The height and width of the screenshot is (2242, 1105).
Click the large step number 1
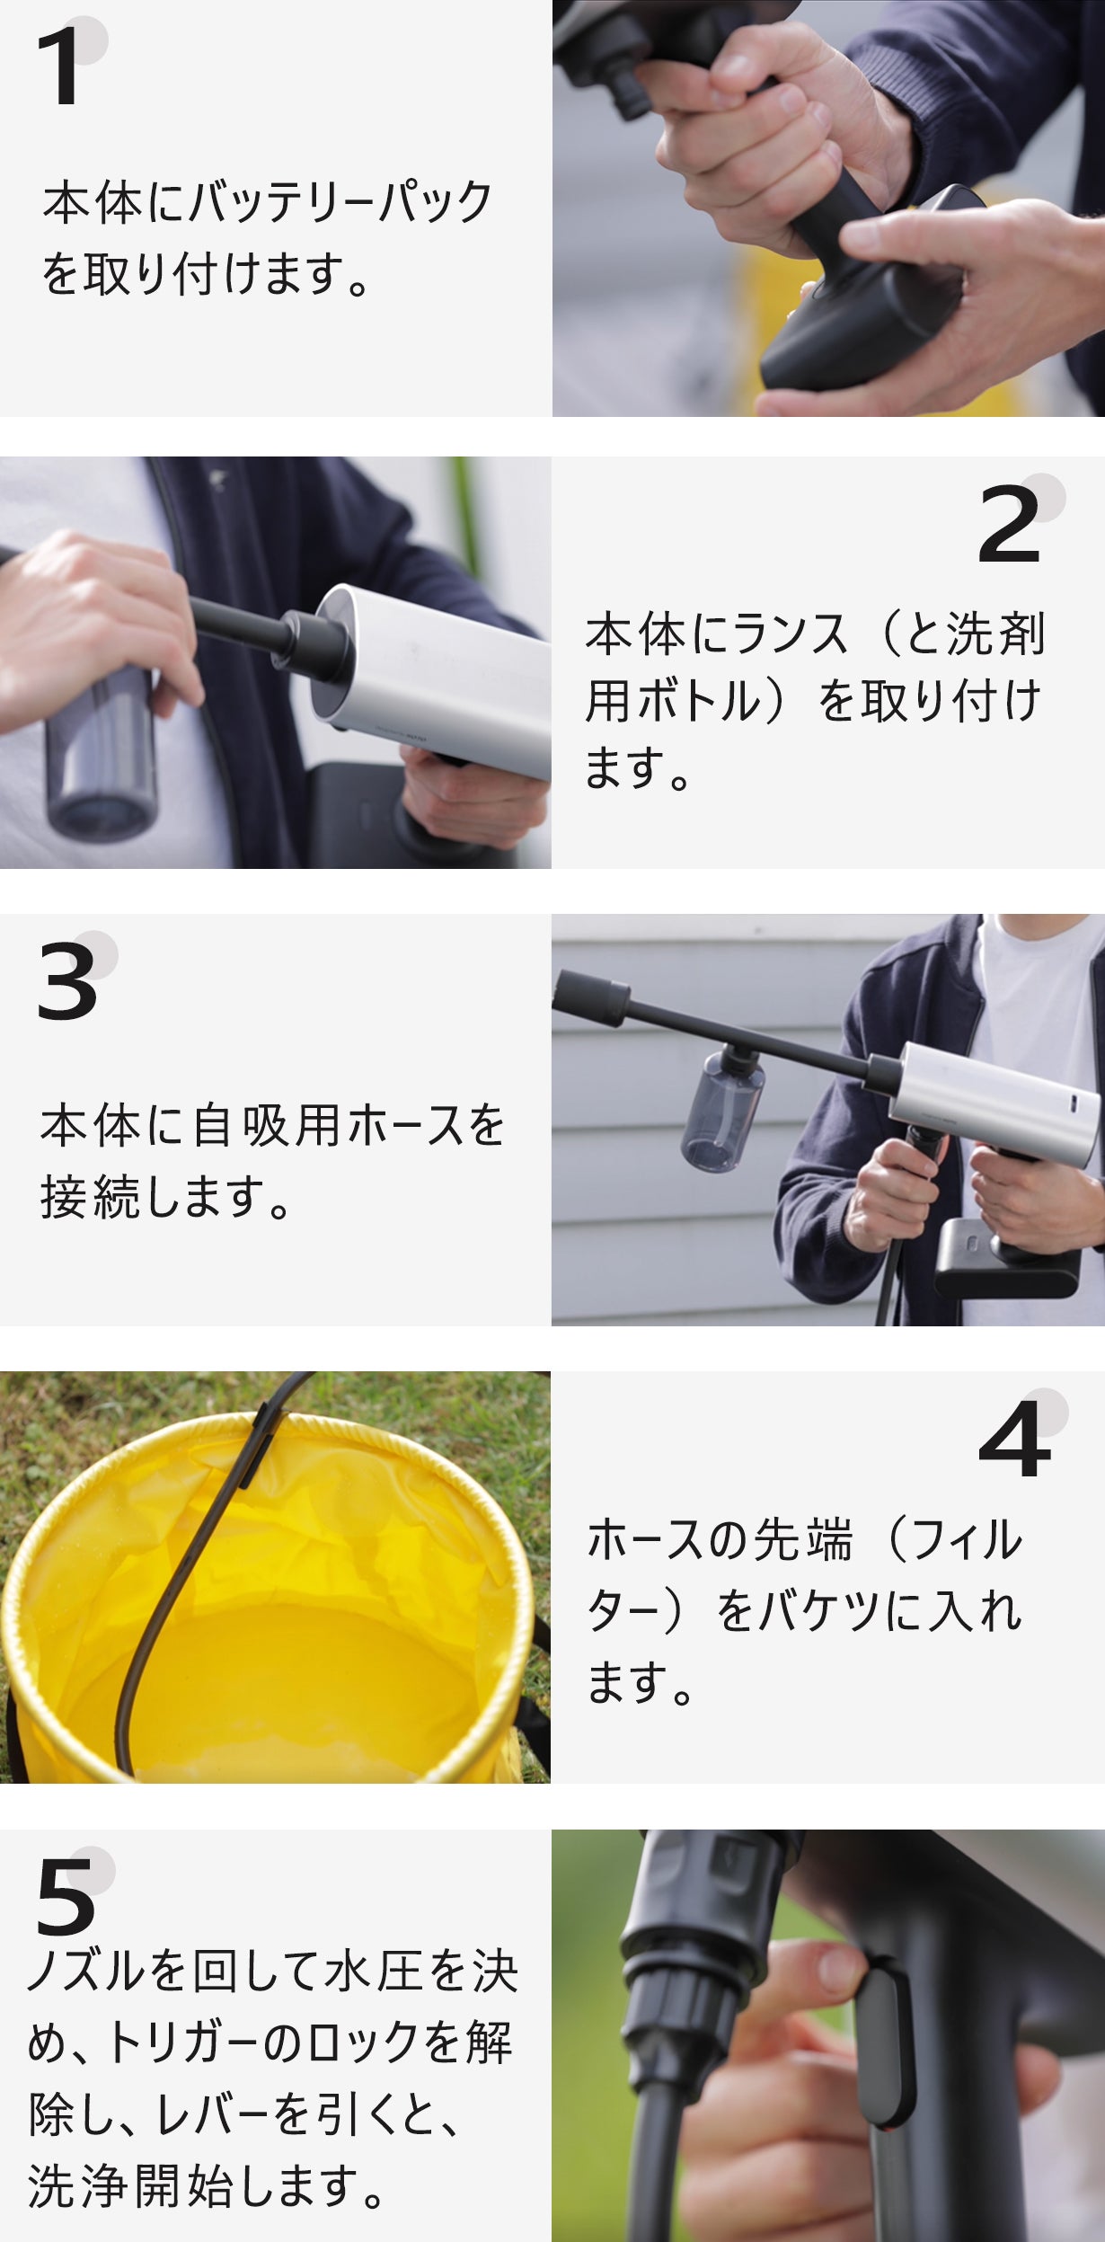click(x=59, y=67)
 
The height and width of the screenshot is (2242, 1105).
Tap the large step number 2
click(x=1009, y=525)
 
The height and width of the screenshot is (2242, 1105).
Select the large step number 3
click(x=66, y=982)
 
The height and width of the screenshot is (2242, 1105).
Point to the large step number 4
click(x=1013, y=1440)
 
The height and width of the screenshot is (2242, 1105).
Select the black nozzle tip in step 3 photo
click(x=589, y=996)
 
